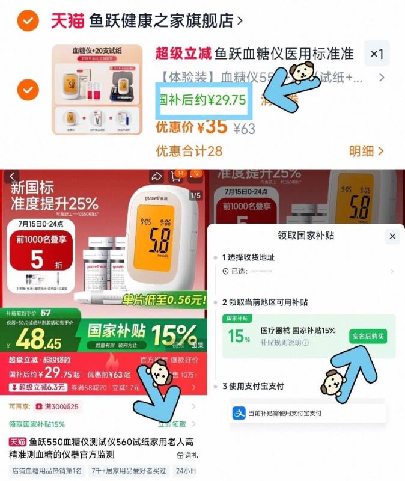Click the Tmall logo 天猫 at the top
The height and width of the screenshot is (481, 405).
67,20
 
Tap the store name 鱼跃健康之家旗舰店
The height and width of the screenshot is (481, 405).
161,20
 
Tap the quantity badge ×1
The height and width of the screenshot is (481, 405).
377,54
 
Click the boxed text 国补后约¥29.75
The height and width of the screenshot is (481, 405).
202,100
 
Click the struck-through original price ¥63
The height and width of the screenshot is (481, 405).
244,129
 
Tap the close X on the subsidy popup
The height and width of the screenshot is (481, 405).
392,236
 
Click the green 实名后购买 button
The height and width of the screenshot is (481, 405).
368,336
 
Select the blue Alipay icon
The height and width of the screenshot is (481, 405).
239,413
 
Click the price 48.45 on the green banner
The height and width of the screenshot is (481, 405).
40,342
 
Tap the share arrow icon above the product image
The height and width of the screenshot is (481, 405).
157,176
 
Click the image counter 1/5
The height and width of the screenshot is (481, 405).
195,195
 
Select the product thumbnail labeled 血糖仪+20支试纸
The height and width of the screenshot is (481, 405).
97,90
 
